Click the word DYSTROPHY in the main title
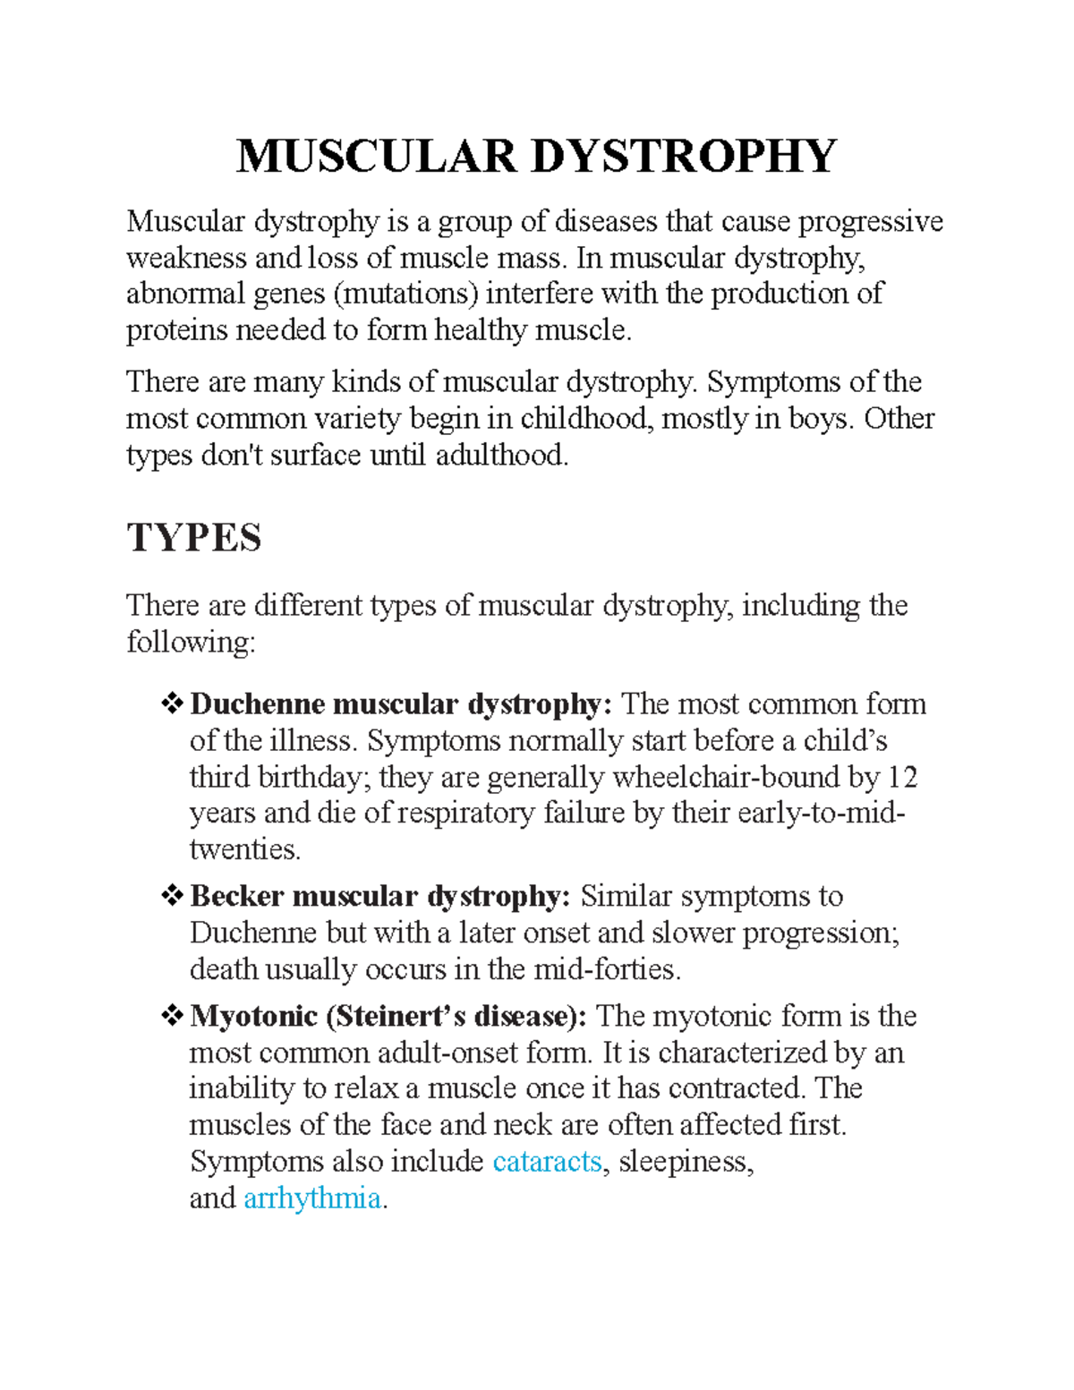coord(684,157)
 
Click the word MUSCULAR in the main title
coord(377,157)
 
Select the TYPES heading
coord(194,538)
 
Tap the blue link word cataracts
coord(548,1162)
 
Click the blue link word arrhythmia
coord(312,1198)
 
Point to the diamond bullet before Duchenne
coord(171,704)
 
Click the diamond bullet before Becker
coord(171,895)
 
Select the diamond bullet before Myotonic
coord(171,1016)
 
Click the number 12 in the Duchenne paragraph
coord(902,777)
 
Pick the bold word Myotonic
coord(253,1017)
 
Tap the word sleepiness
coord(685,1162)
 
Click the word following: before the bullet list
coord(191,643)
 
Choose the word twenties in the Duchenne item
coord(244,849)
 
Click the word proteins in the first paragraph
coord(176,330)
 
